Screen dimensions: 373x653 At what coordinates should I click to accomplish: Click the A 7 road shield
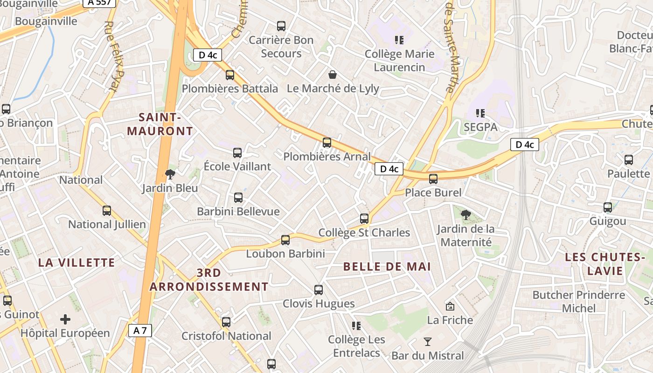point(140,331)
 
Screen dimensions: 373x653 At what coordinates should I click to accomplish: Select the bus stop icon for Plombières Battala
point(229,75)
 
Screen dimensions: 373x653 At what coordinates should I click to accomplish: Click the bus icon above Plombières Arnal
point(327,142)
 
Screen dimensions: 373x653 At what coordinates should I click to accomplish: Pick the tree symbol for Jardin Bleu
point(170,174)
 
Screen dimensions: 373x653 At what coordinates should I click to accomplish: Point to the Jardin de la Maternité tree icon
point(465,215)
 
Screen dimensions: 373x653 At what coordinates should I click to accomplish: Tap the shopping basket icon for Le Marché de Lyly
point(333,75)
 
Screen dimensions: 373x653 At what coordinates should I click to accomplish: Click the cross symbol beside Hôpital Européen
point(65,319)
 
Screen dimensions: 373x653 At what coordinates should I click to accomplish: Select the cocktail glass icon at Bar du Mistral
point(427,341)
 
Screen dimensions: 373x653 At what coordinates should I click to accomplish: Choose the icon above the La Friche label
point(450,306)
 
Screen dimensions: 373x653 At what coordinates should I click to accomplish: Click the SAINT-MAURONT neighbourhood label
point(160,124)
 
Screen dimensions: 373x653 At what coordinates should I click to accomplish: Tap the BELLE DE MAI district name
point(387,267)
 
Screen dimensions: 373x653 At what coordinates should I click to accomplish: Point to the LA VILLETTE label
point(76,262)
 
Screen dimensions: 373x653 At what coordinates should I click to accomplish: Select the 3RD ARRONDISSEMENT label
point(209,279)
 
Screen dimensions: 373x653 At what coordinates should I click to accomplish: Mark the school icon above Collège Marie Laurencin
point(399,40)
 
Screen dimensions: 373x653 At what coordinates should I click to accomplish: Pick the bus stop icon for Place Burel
point(433,179)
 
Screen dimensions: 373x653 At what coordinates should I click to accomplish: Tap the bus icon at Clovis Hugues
point(319,290)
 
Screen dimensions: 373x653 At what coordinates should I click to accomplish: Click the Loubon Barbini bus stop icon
point(285,240)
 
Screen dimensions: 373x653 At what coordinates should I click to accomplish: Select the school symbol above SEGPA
point(480,113)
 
